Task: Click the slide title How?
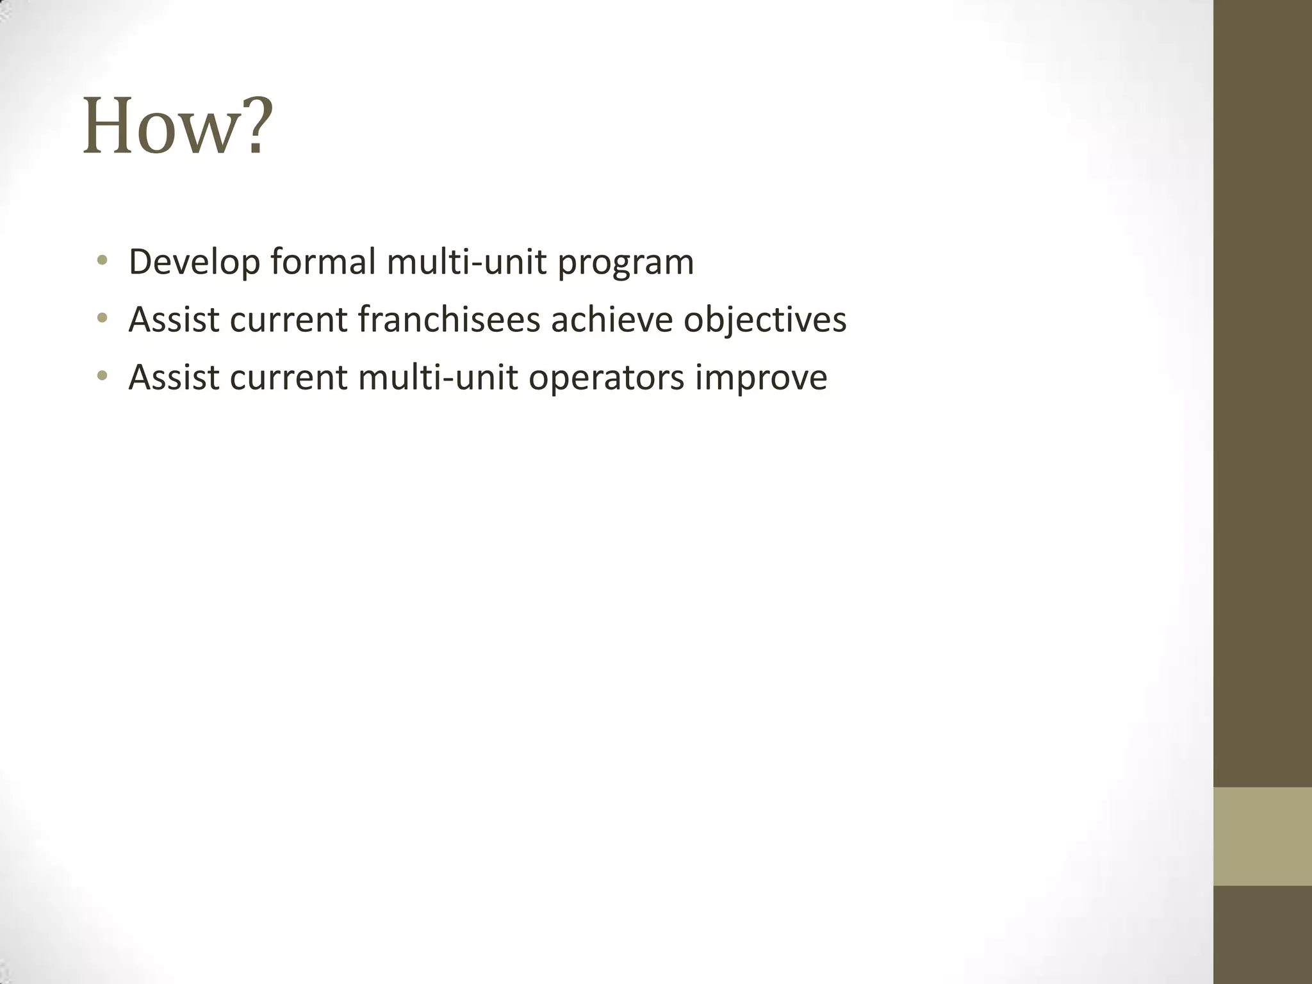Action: pos(178,126)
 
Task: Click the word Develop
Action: pos(194,263)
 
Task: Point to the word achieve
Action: pos(612,319)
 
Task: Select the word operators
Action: pos(606,378)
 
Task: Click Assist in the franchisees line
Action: pos(174,319)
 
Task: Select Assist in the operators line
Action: pos(174,377)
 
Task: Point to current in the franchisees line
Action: pos(288,319)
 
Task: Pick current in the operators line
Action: pos(288,377)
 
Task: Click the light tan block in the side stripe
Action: pos(1263,836)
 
